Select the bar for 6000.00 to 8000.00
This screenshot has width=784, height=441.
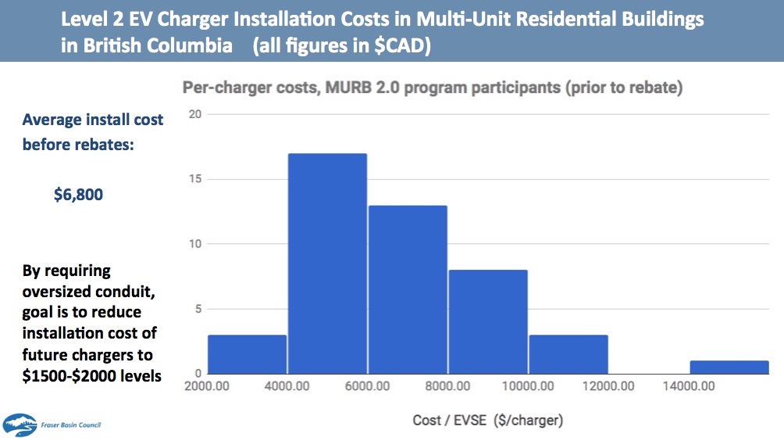tap(408, 289)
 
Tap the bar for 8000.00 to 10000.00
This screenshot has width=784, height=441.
tap(488, 321)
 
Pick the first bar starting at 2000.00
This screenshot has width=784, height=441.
tap(248, 353)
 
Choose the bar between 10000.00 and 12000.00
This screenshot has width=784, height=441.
tap(568, 353)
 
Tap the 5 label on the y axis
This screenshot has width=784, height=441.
tap(198, 308)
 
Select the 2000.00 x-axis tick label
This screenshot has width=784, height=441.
tap(207, 386)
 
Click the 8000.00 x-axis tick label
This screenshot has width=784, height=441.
tap(447, 386)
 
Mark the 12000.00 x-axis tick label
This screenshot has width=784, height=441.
tap(608, 386)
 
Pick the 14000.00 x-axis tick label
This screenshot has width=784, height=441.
tap(688, 386)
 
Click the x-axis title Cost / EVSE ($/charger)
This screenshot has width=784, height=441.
tap(487, 421)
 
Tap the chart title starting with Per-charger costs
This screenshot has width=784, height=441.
tap(432, 88)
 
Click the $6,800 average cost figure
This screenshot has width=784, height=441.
tap(78, 194)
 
